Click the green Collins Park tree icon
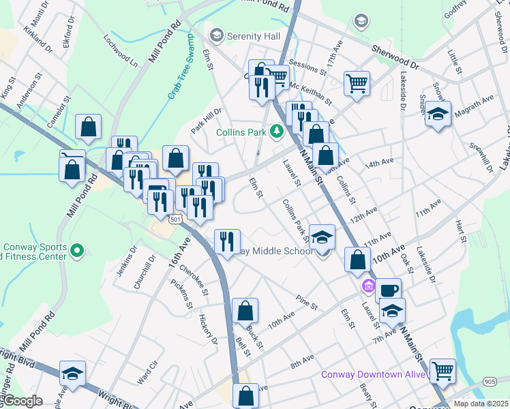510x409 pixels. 277,130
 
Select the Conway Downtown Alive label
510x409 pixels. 374,375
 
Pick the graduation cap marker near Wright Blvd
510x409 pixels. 73,374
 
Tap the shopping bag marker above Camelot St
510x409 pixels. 89,126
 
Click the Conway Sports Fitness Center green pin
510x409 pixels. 77,250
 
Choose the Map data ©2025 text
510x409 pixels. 481,404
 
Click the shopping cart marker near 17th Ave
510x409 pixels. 357,84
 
